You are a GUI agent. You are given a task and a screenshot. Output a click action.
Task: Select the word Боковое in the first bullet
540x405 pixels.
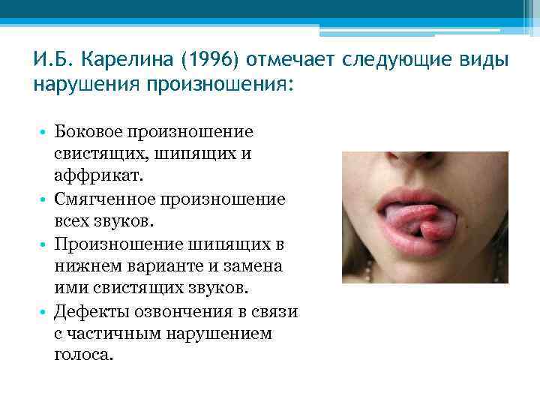point(89,132)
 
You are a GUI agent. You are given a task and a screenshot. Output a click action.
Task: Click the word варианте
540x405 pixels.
point(157,266)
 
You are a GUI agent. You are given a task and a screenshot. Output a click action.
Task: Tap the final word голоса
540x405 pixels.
point(82,355)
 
